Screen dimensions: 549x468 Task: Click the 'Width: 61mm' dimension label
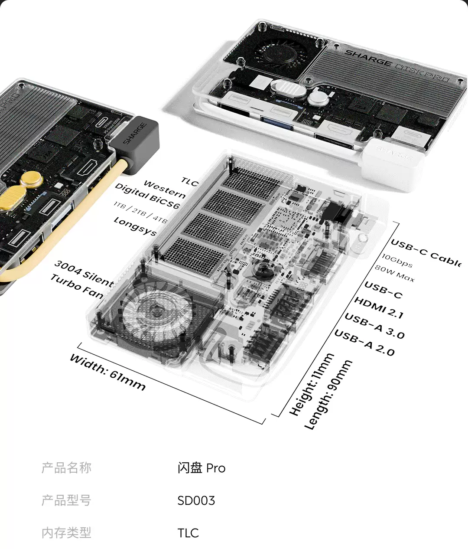(107, 372)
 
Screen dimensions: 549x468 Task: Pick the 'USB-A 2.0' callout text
(364, 343)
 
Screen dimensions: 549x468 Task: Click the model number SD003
(196, 500)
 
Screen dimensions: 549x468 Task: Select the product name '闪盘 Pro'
(201, 468)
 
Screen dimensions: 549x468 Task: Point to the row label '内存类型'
(66, 533)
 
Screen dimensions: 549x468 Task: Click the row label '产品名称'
(66, 468)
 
